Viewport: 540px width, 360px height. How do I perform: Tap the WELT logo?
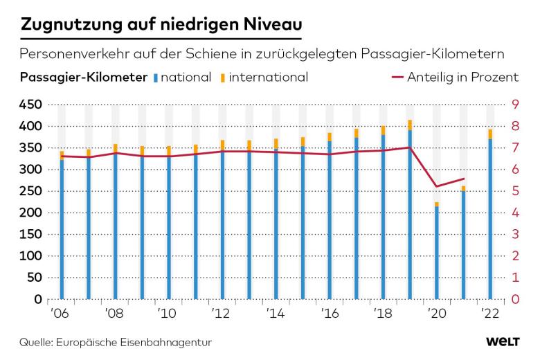(503, 342)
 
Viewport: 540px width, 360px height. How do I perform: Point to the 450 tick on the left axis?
(32, 105)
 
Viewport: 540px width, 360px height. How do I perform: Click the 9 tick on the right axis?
(515, 105)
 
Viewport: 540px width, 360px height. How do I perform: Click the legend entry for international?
(267, 77)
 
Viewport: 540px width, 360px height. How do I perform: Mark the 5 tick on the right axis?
(515, 191)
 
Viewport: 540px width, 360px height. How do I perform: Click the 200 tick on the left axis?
(32, 213)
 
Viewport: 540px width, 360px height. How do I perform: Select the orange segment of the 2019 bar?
(410, 125)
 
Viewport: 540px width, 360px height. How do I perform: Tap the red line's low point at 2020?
(437, 186)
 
